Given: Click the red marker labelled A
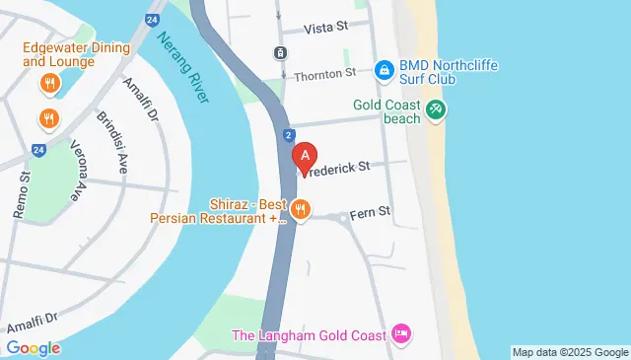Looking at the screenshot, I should [x=307, y=157].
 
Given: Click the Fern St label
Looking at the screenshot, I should [x=371, y=211].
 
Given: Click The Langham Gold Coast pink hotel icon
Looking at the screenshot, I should [x=401, y=335].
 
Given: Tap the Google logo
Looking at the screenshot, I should [x=33, y=348].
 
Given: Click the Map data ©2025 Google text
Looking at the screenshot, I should [x=570, y=352].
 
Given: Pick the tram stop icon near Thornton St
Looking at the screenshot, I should [x=281, y=52].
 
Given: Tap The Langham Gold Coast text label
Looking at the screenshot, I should [x=309, y=335].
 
